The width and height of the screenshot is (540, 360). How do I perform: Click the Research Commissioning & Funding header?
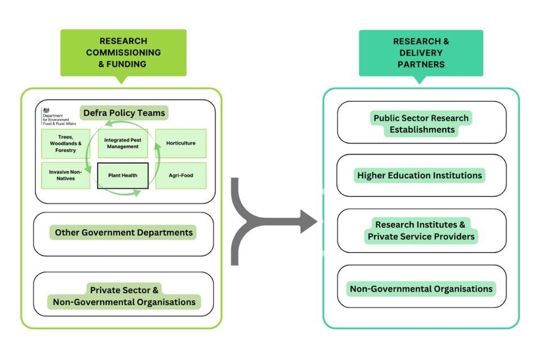123,52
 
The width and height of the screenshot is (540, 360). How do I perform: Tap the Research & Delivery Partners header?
421,53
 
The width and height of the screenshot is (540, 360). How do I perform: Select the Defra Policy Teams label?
124,113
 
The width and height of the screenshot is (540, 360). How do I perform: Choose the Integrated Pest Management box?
123,143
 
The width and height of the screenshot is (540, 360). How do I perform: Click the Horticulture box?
181,143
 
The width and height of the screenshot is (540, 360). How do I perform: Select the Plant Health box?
123,175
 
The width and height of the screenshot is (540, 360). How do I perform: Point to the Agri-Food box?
181,175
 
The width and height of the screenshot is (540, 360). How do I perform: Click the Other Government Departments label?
124,232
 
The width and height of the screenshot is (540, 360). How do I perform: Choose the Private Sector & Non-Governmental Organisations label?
124,296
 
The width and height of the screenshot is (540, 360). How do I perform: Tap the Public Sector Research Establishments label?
421,124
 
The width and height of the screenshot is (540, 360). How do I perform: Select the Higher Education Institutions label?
420,175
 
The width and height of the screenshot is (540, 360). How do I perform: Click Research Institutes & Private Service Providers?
421,231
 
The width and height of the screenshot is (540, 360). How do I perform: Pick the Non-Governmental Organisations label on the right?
421,289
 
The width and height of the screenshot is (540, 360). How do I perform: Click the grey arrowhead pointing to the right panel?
308,221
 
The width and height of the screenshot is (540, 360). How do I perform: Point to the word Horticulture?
181,143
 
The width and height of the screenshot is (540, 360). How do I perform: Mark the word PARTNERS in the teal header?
421,64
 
